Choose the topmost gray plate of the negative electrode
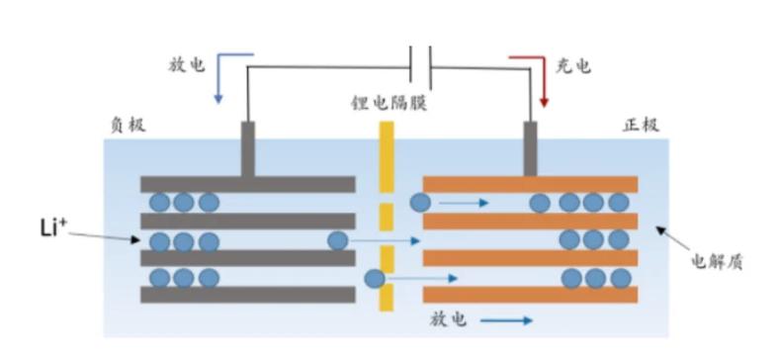247,185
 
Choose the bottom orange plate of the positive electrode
529,295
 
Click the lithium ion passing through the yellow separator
375,279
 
